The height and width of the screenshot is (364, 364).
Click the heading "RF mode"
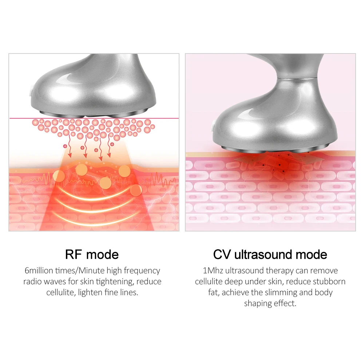92,254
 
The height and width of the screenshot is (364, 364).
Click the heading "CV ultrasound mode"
270,254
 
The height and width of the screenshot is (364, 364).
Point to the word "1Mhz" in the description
213,271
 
